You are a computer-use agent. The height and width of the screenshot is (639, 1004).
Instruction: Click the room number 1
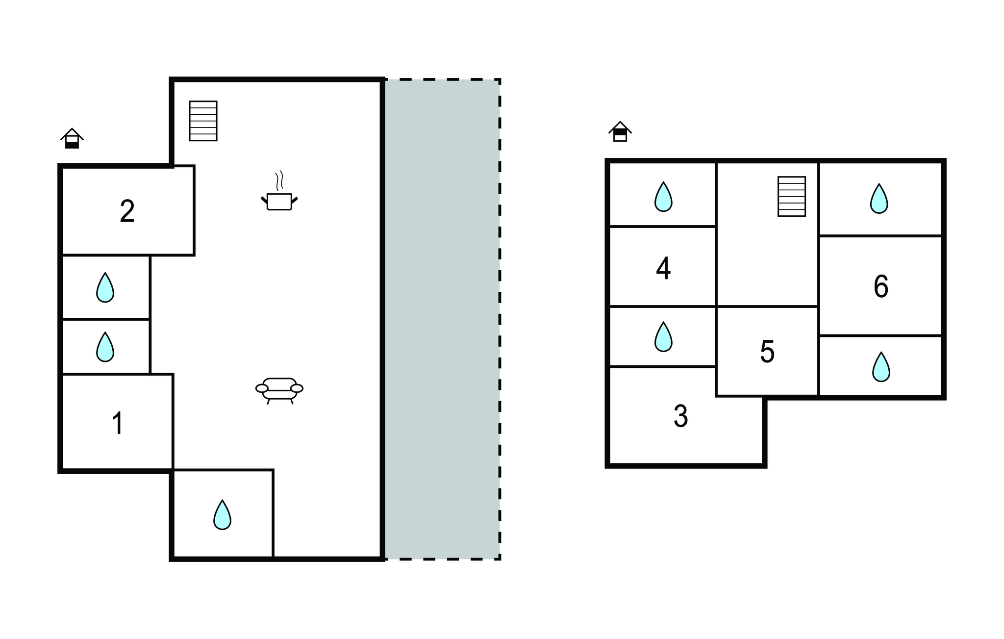117,423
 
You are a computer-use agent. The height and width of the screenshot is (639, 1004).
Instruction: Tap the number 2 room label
127,211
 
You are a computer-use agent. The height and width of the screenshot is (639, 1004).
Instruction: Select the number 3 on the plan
680,416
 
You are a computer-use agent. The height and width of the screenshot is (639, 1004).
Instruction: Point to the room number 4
663,268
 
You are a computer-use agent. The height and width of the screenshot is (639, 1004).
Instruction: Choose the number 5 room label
767,352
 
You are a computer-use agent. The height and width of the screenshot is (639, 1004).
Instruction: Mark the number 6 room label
881,286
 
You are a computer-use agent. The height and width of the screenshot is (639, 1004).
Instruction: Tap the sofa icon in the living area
279,390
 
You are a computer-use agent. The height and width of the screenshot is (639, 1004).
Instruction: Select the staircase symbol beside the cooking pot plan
203,121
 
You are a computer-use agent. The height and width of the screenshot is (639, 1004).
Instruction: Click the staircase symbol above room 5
792,196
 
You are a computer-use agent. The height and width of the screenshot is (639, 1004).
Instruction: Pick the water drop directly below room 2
105,288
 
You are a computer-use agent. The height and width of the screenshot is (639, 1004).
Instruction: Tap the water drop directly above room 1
105,347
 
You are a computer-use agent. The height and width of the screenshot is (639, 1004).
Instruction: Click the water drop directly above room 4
663,197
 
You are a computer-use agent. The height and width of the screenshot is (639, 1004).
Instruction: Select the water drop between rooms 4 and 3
663,337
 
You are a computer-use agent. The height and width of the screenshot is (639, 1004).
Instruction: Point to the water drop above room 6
879,199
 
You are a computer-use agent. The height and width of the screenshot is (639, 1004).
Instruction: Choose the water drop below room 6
881,367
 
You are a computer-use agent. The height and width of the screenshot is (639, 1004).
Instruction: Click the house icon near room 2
72,138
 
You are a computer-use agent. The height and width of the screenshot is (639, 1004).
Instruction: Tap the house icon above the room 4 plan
620,131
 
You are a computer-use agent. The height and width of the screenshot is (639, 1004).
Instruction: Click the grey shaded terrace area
442,319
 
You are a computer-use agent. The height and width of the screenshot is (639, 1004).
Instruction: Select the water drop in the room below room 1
222,515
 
